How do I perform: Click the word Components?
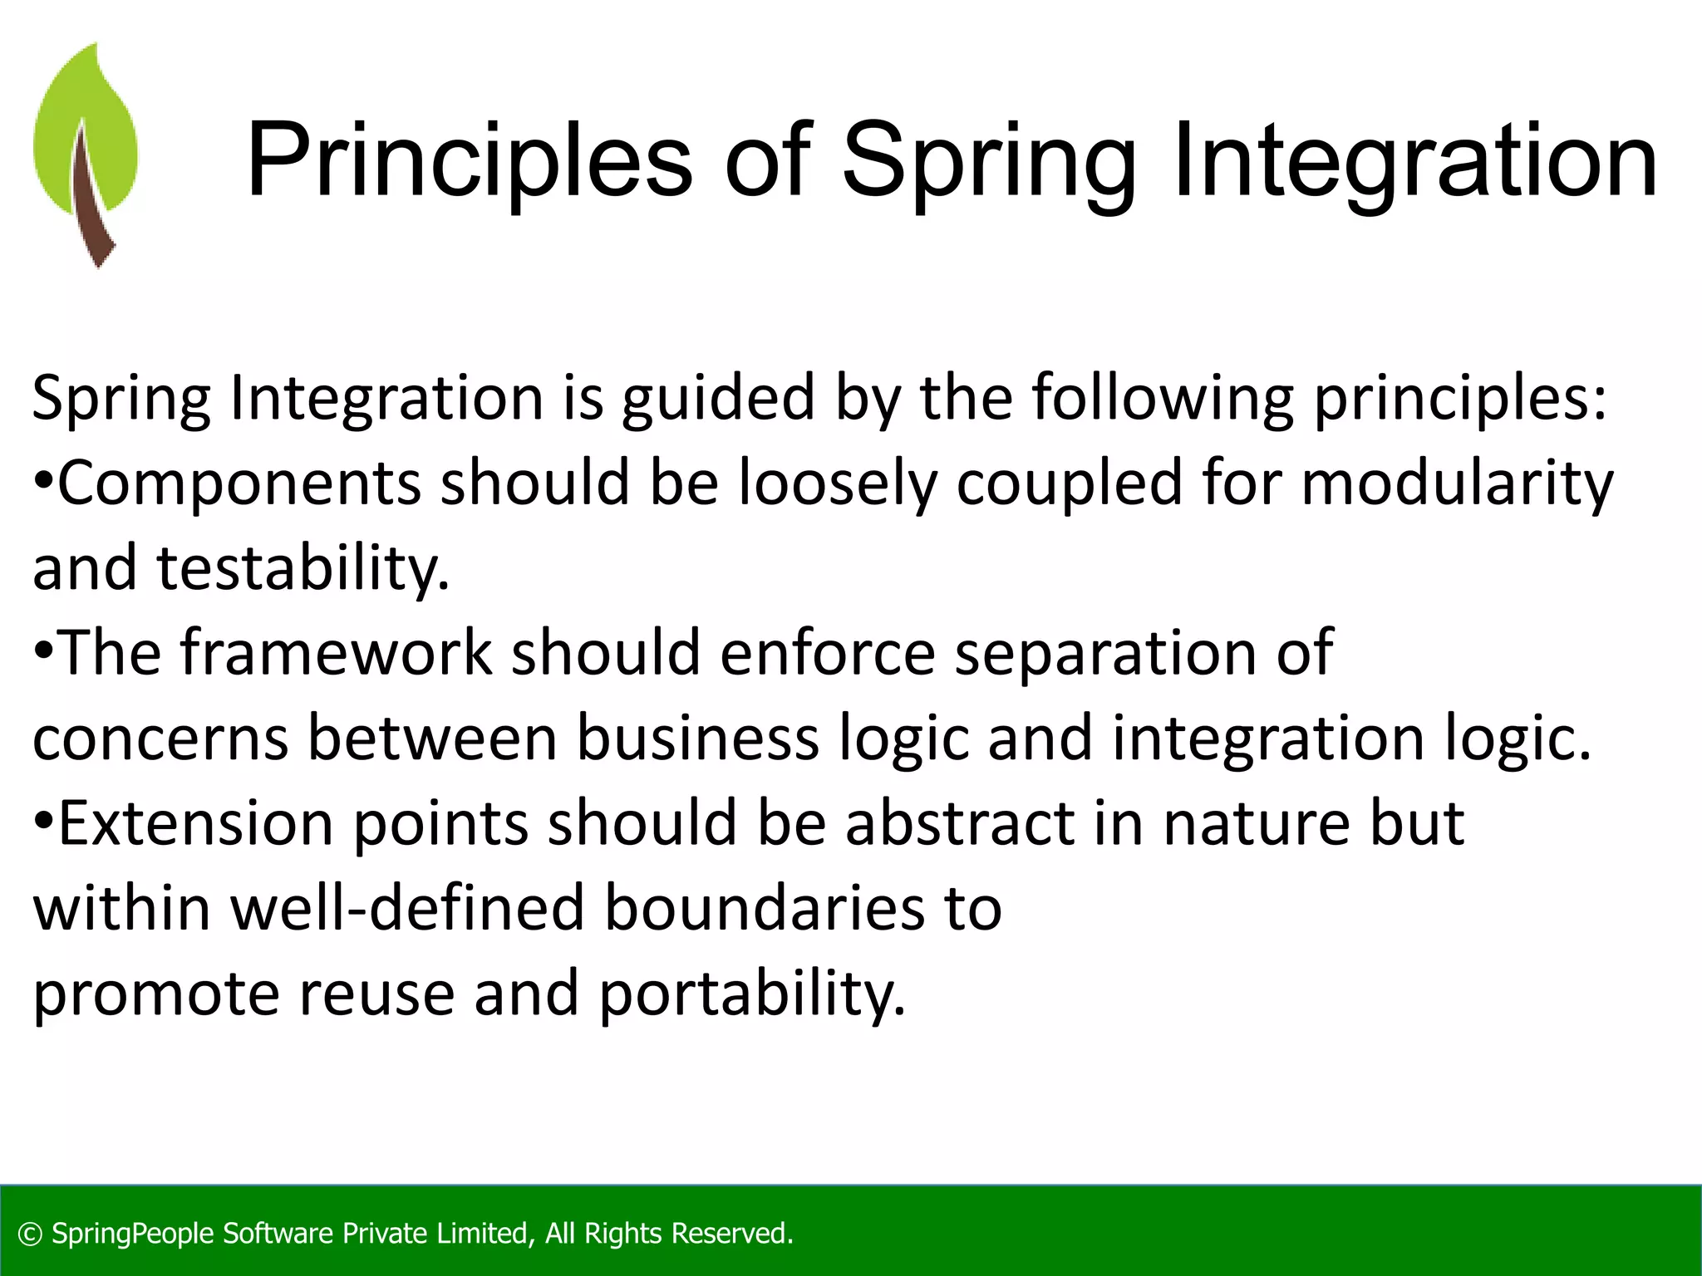pos(239,483)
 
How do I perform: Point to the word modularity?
pos(1456,483)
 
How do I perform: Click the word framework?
pos(336,653)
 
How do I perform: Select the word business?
pos(697,738)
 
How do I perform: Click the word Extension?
pos(196,823)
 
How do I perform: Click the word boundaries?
pos(764,908)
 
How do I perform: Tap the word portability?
pos(751,994)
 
